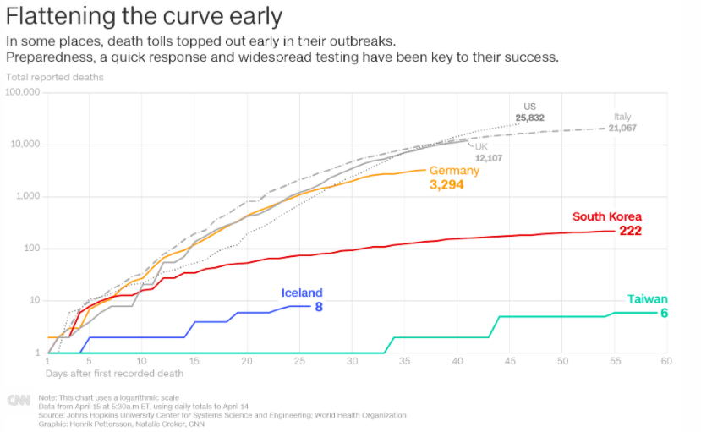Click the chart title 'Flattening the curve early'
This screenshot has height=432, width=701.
pyautogui.click(x=145, y=16)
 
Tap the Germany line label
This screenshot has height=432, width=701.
pyautogui.click(x=454, y=170)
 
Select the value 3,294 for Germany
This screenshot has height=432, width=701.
pyautogui.click(x=446, y=184)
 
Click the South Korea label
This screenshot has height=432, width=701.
pyautogui.click(x=607, y=216)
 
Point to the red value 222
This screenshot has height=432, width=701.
pyautogui.click(x=631, y=231)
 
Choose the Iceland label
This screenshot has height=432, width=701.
pyautogui.click(x=302, y=293)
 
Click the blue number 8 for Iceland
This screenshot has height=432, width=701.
pyautogui.click(x=319, y=307)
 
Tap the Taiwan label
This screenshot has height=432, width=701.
pyautogui.click(x=647, y=299)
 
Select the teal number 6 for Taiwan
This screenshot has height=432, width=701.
pyautogui.click(x=664, y=313)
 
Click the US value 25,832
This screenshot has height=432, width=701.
pyautogui.click(x=529, y=118)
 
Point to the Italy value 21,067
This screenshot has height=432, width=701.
pyautogui.click(x=622, y=128)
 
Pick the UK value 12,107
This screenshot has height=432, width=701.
pyautogui.click(x=489, y=158)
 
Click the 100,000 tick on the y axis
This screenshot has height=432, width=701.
pyautogui.click(x=23, y=91)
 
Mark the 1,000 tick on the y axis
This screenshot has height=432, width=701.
pyautogui.click(x=28, y=196)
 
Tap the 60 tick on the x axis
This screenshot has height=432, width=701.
pyautogui.click(x=666, y=361)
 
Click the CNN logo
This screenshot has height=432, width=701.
pyautogui.click(x=19, y=401)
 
